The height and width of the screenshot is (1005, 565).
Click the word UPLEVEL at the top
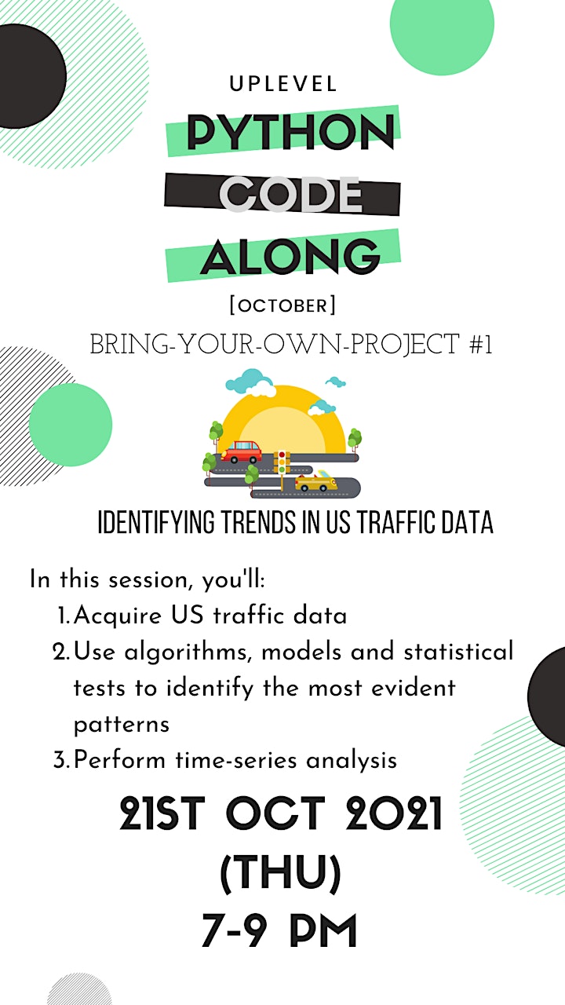(283, 84)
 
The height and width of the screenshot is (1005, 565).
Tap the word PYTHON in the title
(290, 131)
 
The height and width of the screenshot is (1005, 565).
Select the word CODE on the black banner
(290, 194)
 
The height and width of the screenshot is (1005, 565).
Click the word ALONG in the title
(290, 256)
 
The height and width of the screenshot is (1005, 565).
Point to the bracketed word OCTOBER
(282, 305)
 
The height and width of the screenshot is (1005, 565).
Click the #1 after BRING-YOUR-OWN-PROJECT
(481, 345)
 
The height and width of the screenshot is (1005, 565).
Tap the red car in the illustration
(241, 451)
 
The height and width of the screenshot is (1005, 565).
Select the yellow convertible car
(315, 481)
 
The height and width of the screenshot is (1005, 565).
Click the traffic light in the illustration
(282, 462)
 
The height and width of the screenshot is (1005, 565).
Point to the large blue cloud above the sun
(250, 382)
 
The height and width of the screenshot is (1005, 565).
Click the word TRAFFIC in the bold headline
(395, 522)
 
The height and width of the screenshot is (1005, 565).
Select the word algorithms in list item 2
(186, 652)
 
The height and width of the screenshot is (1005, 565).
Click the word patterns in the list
(122, 724)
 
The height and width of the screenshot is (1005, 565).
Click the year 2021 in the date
(394, 813)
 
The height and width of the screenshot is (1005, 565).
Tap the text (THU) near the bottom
(281, 873)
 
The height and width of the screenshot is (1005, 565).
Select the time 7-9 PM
(279, 931)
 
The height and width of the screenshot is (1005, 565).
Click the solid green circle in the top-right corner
(442, 24)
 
